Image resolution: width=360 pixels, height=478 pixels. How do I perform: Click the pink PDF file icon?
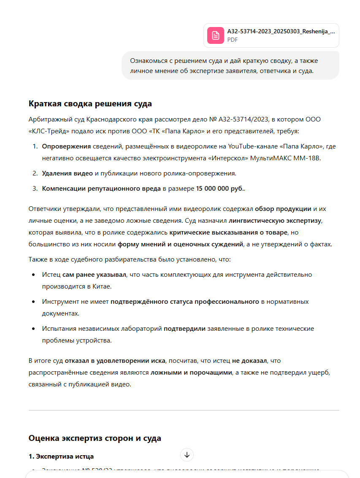tap(215, 35)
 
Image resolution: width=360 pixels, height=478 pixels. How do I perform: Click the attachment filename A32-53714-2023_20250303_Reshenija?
tap(281, 31)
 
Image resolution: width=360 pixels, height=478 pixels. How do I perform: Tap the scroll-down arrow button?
tap(187, 455)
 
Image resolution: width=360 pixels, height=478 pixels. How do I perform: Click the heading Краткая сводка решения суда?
tap(90, 104)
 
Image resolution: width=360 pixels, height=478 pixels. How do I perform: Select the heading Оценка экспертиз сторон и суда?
tap(95, 438)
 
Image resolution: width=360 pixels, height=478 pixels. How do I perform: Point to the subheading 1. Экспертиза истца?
tap(61, 456)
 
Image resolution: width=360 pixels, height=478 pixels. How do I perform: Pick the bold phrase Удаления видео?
tap(67, 173)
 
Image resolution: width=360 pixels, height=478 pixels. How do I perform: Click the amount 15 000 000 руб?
tap(220, 188)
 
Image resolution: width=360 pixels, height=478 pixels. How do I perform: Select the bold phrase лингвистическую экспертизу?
tap(275, 220)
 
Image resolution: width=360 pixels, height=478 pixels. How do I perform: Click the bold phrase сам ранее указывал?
tap(94, 275)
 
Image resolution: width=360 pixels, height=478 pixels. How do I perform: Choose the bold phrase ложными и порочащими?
tap(192, 373)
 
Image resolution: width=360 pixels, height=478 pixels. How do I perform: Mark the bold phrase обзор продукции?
tap(283, 208)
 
